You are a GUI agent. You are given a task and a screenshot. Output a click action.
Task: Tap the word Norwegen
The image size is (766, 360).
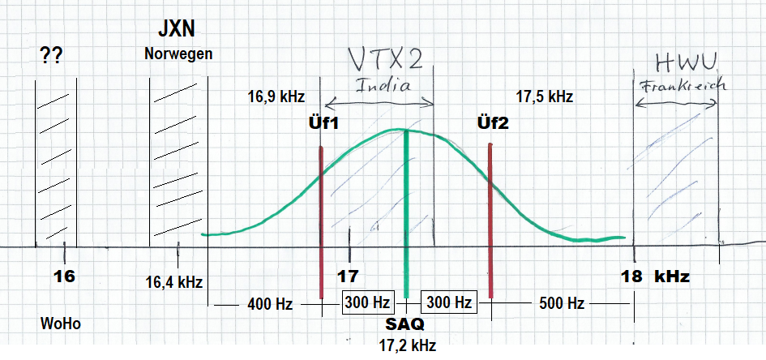tap(179, 54)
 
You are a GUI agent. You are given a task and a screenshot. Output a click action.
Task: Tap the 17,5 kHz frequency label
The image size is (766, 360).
tap(544, 96)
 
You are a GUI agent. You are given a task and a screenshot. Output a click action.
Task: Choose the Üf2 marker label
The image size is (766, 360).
tap(492, 123)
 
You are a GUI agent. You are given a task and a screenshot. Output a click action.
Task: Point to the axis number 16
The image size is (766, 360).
tap(64, 276)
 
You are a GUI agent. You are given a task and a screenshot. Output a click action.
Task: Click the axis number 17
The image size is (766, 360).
tap(349, 276)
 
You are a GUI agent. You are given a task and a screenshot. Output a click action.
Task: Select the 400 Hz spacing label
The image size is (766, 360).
tap(269, 304)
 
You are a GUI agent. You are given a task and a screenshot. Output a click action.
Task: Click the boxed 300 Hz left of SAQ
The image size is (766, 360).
tap(367, 302)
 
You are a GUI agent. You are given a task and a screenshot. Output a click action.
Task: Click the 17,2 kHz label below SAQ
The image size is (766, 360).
tap(407, 345)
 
